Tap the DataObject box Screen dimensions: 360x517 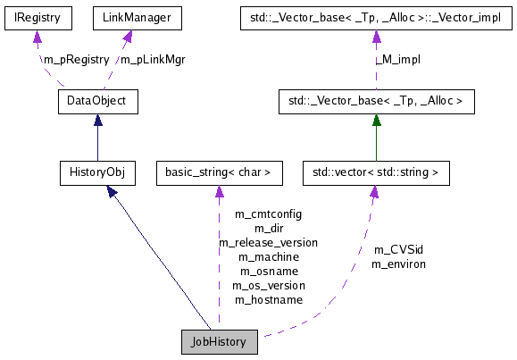(x=97, y=101)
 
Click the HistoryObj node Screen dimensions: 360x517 (x=96, y=171)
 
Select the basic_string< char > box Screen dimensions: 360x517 (x=219, y=171)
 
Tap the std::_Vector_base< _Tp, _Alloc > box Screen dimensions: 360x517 (x=376, y=101)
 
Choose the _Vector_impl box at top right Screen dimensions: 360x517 (x=376, y=17)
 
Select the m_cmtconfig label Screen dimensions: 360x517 (x=268, y=214)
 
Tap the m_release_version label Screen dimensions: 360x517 (x=268, y=242)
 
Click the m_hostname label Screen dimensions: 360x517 (x=268, y=299)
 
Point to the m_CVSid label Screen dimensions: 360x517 (x=398, y=250)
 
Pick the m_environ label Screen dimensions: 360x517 (x=398, y=264)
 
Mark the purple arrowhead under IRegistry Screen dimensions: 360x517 (x=36, y=37)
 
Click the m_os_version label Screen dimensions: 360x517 (x=268, y=285)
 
